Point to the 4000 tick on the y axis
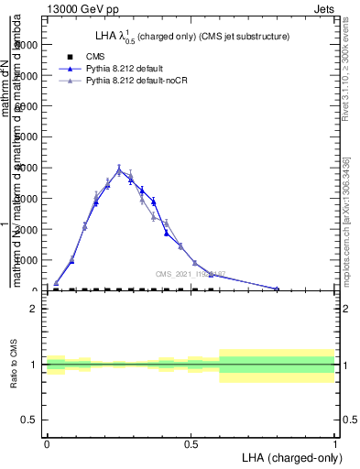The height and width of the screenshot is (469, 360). point(30,168)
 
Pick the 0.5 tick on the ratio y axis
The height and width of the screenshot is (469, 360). point(28,420)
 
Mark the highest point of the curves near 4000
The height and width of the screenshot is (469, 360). point(119,169)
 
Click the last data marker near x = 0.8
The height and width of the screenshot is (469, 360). point(277,289)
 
